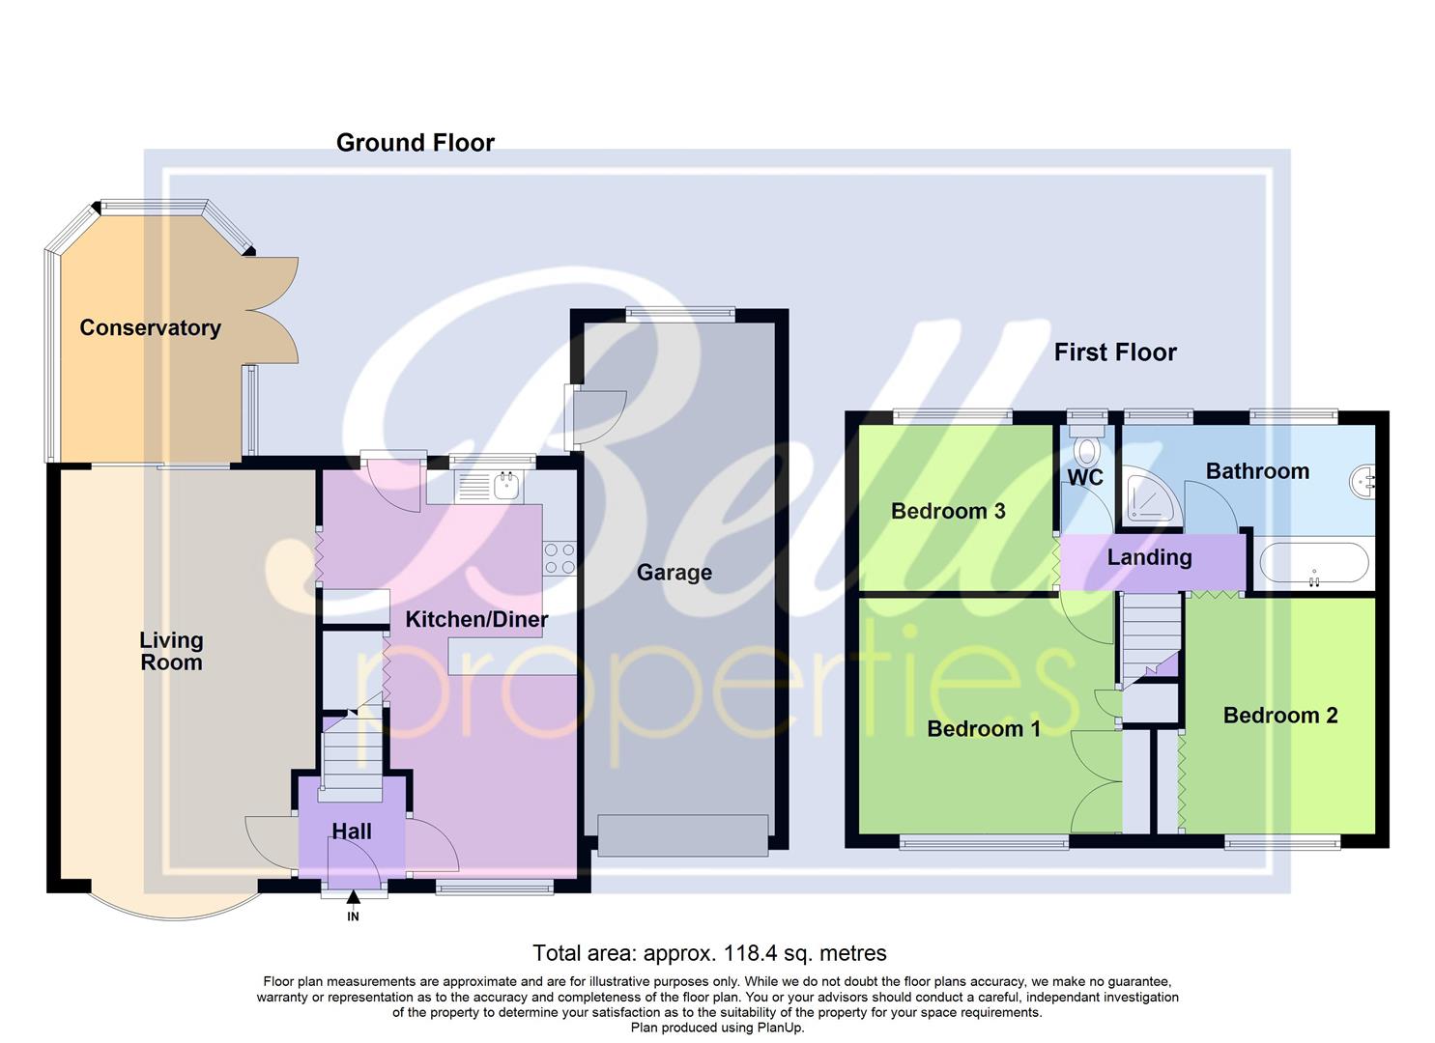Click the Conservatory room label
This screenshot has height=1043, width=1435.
click(x=150, y=327)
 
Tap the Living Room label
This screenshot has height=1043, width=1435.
click(x=171, y=651)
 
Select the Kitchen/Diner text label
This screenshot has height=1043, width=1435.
click(x=476, y=619)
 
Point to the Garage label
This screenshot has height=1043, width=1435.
click(x=674, y=573)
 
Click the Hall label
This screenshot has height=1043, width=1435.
click(x=352, y=831)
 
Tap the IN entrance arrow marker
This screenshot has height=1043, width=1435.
click(x=353, y=899)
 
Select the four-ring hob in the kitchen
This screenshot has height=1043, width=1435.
click(x=560, y=558)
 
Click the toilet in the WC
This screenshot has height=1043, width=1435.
click(x=1087, y=450)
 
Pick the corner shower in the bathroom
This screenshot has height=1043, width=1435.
click(x=1148, y=501)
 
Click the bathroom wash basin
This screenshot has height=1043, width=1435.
click(x=1365, y=478)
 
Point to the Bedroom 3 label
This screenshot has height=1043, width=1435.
click(x=947, y=511)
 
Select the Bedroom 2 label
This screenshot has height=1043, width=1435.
click(x=1279, y=715)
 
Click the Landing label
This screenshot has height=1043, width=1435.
click(x=1149, y=557)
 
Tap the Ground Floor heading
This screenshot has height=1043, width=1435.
click(x=415, y=143)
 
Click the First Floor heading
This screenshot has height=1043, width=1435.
click(x=1114, y=352)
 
